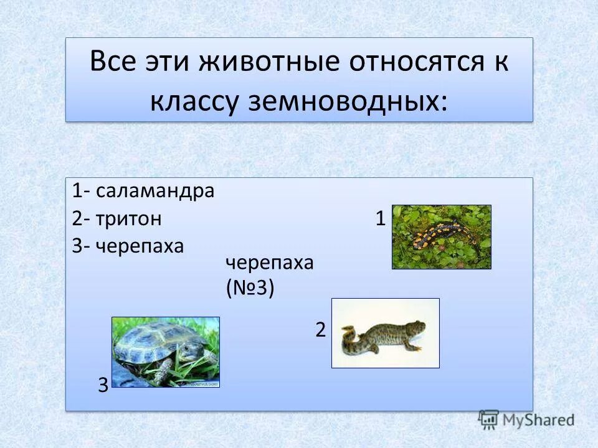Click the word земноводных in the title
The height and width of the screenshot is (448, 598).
click(x=350, y=101)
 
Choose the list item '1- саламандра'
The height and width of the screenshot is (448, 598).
click(x=143, y=190)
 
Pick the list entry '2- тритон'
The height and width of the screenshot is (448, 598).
click(x=116, y=218)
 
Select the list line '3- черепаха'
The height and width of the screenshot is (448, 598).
click(x=128, y=246)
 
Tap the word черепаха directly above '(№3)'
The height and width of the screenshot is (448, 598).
click(x=269, y=263)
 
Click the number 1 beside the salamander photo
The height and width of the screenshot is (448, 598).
click(x=380, y=218)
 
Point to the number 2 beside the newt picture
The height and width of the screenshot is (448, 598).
click(x=320, y=330)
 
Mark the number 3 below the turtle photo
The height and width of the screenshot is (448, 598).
click(x=103, y=386)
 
